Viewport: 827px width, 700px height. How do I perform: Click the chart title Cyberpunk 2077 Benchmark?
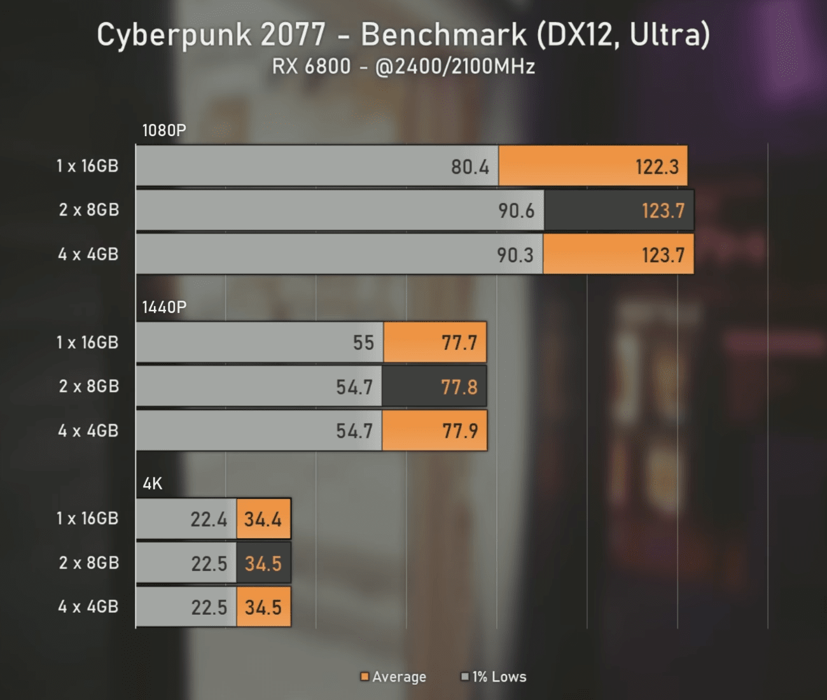(x=403, y=36)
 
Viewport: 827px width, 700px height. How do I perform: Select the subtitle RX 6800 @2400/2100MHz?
(x=403, y=67)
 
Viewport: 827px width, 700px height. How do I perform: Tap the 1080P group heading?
(x=163, y=130)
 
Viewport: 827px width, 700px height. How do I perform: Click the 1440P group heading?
(x=163, y=307)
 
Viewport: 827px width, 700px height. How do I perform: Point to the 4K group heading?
(x=153, y=484)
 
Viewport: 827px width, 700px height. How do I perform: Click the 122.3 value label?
(x=657, y=167)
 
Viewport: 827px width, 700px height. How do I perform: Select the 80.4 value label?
(x=470, y=167)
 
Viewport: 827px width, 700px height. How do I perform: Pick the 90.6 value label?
(x=516, y=211)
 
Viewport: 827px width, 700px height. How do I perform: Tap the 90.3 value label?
(x=515, y=255)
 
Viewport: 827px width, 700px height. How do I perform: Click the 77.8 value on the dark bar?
(x=459, y=387)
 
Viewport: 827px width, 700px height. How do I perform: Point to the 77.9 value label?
(x=459, y=431)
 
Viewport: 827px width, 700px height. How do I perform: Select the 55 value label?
(x=363, y=343)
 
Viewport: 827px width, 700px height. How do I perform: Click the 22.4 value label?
(x=209, y=519)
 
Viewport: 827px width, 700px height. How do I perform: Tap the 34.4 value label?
(x=263, y=519)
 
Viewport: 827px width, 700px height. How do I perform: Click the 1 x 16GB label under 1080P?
(x=87, y=166)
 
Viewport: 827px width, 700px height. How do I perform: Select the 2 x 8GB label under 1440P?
(x=88, y=386)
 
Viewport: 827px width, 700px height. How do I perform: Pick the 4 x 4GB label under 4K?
(x=88, y=606)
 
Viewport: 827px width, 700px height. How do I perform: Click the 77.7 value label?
(x=459, y=343)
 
